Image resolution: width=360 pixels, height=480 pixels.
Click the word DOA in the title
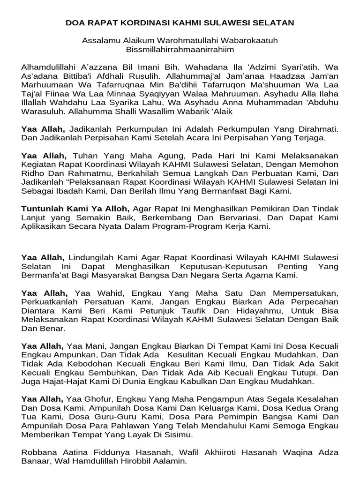[x=75, y=22]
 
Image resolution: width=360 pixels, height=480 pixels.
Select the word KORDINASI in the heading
[x=135, y=22]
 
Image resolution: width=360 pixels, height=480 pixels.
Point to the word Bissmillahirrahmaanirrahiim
[x=180, y=49]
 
